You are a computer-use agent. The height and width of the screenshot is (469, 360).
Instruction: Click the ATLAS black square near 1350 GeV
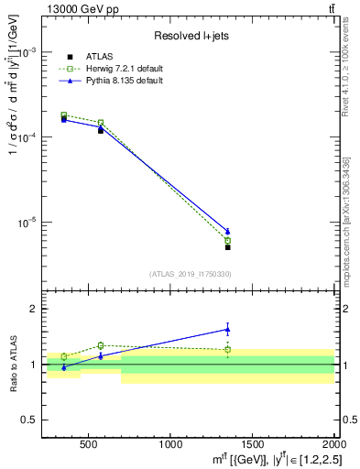(227, 247)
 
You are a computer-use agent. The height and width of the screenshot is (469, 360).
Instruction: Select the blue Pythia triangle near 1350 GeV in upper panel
(227, 231)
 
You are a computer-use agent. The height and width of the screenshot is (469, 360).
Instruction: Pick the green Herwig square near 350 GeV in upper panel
(64, 115)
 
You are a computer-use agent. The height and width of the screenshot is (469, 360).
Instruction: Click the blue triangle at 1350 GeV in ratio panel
(227, 329)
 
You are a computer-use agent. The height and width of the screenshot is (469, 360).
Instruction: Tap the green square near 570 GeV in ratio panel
(101, 345)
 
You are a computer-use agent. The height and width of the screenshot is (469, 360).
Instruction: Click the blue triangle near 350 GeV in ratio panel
(64, 367)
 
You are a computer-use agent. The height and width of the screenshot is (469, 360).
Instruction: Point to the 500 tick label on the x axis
(89, 443)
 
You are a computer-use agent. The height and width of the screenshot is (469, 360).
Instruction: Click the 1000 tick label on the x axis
(169, 443)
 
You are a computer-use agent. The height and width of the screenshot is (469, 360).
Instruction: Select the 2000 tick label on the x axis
(332, 443)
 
